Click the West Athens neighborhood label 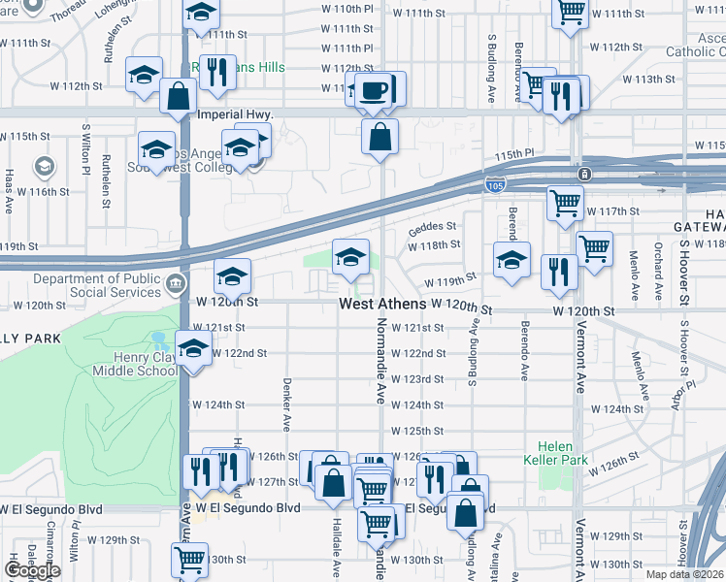click(382, 305)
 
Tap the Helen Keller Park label click(558, 453)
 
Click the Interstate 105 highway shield click(495, 184)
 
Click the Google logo click(32, 569)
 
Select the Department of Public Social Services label click(94, 286)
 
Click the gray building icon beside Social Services click(175, 283)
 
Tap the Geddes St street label click(432, 226)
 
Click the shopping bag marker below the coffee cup click(380, 136)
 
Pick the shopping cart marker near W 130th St click(189, 559)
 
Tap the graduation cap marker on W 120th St click(232, 277)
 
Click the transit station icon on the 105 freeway click(584, 175)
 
